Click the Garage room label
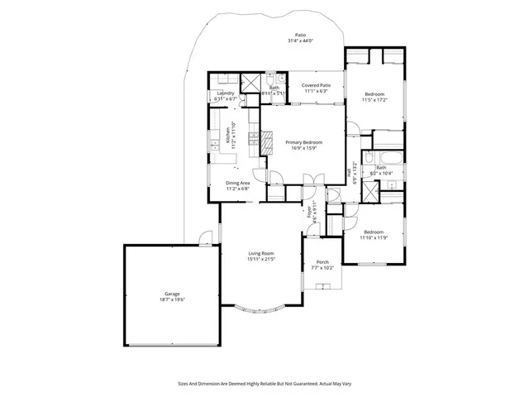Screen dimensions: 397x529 pyautogui.click(x=172, y=294)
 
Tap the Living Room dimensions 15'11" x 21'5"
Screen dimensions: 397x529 pyautogui.click(x=260, y=259)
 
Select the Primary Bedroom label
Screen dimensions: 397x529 pyautogui.click(x=303, y=142)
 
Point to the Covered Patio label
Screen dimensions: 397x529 pyautogui.click(x=316, y=84)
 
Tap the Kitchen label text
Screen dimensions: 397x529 pyautogui.click(x=228, y=132)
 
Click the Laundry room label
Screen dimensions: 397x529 pyautogui.click(x=226, y=93)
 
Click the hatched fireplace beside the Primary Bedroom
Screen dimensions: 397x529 pyautogui.click(x=269, y=142)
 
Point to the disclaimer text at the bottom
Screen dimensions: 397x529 pyautogui.click(x=264, y=383)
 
